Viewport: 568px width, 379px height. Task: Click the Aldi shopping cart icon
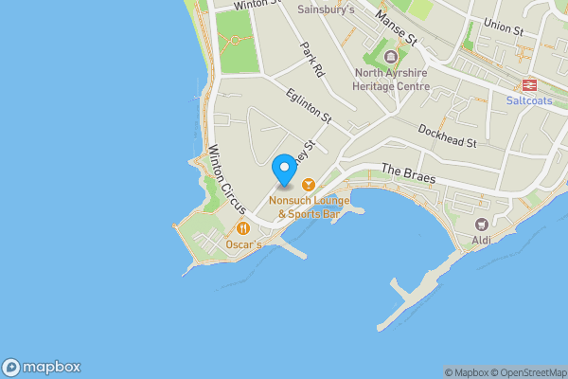[x=482, y=225]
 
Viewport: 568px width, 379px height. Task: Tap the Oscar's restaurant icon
[x=243, y=227]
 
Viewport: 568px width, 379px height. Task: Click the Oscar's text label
[x=243, y=244]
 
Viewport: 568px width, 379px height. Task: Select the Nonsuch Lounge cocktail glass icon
[x=308, y=186]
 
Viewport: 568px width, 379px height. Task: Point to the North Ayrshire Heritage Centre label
[x=392, y=80]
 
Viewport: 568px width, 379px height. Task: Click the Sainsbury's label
[x=326, y=9]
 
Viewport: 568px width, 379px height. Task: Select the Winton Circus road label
[x=226, y=177]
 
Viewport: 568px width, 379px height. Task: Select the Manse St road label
[x=396, y=28]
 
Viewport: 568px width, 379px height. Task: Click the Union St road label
[x=503, y=29]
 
